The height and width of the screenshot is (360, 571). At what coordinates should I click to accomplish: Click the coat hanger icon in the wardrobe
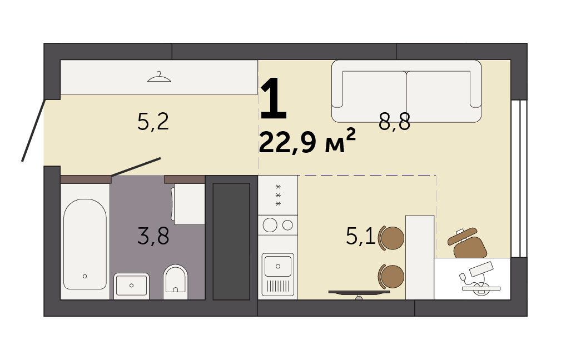click(159, 77)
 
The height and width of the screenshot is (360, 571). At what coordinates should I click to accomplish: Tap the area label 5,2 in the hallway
click(153, 122)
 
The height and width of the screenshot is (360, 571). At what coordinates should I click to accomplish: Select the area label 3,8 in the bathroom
click(153, 236)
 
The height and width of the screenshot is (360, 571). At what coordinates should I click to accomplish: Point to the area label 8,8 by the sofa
click(394, 122)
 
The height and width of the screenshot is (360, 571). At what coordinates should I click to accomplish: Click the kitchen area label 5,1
click(360, 236)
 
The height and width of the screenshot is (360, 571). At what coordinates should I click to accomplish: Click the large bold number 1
click(274, 99)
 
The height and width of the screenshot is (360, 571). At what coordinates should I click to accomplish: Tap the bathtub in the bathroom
click(85, 244)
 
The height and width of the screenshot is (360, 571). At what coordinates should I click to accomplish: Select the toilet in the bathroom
click(175, 282)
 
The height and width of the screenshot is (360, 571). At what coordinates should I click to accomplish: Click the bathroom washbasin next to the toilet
click(131, 286)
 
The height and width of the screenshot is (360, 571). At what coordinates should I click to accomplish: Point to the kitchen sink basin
click(278, 266)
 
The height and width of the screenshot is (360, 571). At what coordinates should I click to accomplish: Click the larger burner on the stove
click(270, 225)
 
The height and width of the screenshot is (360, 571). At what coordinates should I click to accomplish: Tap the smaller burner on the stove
click(287, 225)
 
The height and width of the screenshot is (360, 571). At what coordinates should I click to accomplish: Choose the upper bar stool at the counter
click(391, 238)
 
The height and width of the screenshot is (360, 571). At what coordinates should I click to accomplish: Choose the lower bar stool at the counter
click(391, 277)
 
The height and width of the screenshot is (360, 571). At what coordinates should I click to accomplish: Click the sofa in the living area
click(406, 91)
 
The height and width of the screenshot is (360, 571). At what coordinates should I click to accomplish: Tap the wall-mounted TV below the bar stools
click(359, 293)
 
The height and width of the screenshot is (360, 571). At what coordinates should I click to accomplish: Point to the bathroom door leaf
click(136, 167)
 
